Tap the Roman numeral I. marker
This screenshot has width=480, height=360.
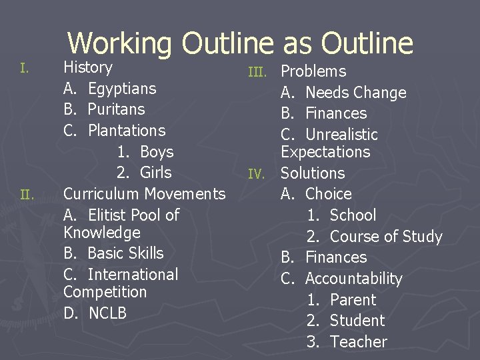[x=24, y=68]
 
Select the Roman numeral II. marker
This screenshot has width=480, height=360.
[x=27, y=195]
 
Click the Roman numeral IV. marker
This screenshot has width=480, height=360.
[x=257, y=174]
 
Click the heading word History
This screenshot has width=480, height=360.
[x=88, y=67]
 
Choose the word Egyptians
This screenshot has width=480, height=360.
[x=122, y=89]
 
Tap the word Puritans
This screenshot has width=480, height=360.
[x=116, y=109]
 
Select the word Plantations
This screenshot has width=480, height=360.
[x=127, y=131]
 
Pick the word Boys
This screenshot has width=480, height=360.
[x=157, y=152]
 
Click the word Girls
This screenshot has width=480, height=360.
[x=156, y=173]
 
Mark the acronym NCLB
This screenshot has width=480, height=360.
[x=107, y=313]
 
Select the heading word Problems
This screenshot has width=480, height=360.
[x=313, y=71]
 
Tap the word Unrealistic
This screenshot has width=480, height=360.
[x=341, y=135]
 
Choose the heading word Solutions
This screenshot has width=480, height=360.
[x=313, y=173]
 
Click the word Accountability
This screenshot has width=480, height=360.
[x=354, y=279]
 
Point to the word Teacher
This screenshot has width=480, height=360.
[x=359, y=342]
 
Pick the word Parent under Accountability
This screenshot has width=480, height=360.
[x=353, y=300]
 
